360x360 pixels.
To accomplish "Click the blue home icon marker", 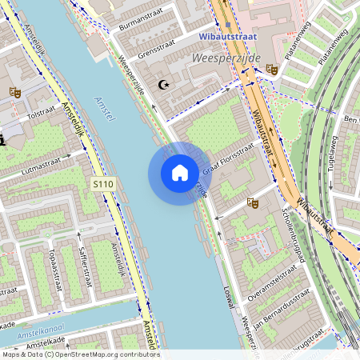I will (x=180, y=173).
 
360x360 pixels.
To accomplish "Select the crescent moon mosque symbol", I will (x=166, y=84).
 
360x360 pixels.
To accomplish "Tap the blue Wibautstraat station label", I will (x=228, y=35).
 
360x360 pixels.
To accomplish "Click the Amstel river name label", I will (x=105, y=110).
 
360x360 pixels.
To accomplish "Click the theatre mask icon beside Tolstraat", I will (x=14, y=91).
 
